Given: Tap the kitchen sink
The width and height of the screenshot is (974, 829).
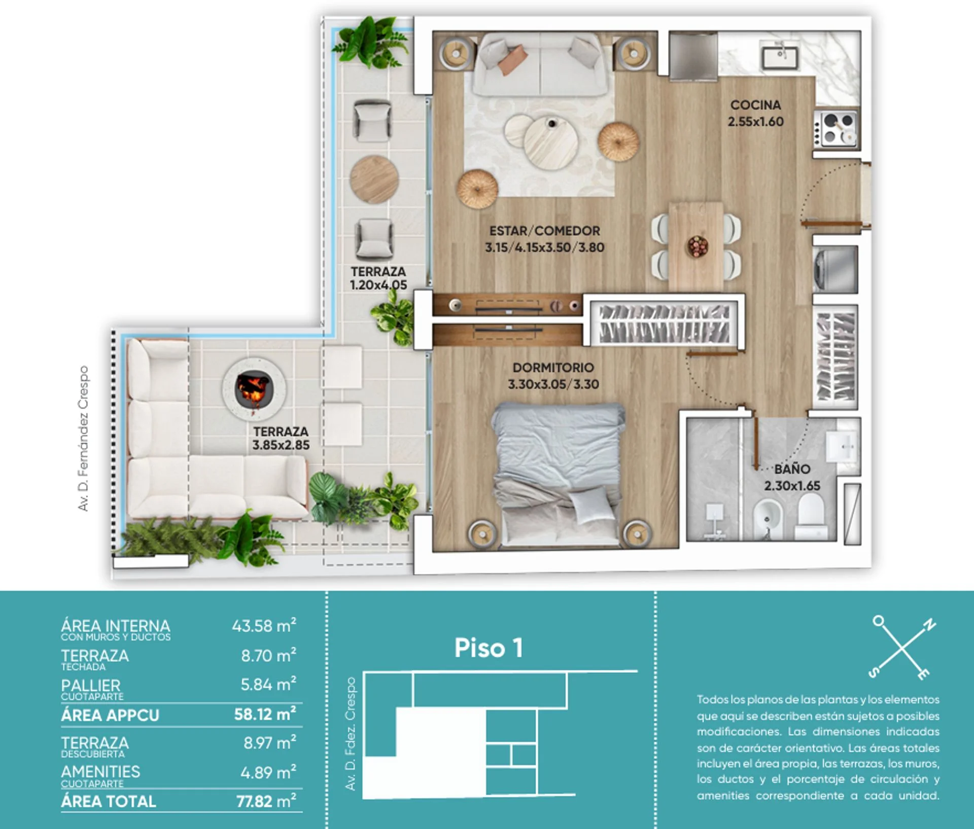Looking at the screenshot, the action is (x=780, y=57).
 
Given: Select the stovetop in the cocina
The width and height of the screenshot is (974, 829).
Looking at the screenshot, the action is (x=837, y=128).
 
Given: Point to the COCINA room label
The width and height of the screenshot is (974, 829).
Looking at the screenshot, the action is (x=755, y=105).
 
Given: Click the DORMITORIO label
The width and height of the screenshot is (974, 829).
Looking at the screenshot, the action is (x=553, y=368).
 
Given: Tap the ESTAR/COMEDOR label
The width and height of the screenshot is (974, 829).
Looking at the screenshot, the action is (x=544, y=231).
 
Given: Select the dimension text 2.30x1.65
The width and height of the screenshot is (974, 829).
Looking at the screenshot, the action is (x=792, y=486).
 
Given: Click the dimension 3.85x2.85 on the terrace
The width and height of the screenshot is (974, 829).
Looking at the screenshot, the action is (x=281, y=445).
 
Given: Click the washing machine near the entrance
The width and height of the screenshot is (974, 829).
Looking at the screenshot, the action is (x=835, y=266).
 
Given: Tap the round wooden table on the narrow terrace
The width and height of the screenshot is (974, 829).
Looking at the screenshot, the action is (x=374, y=179).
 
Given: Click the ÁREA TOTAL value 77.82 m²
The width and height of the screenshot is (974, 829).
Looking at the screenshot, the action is (x=266, y=801).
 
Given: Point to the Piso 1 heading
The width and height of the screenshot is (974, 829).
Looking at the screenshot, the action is (x=488, y=648).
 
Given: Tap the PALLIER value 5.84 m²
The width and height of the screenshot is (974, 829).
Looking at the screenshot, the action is (x=268, y=684).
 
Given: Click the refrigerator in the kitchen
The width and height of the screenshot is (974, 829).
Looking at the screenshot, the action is (x=693, y=56).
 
